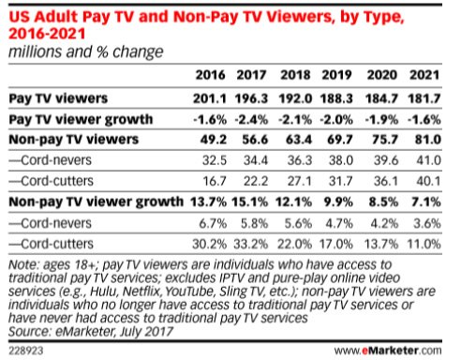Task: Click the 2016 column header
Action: pos(210,75)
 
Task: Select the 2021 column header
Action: pos(424,75)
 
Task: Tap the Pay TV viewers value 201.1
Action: pos(210,98)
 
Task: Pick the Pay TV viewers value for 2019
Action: pos(336,98)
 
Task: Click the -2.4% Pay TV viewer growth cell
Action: pos(251,119)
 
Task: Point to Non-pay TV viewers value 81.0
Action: pos(428,140)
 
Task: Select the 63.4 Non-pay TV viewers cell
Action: pos(299,140)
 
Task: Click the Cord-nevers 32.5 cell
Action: pos(215,160)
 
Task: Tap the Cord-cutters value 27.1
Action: pos(299,181)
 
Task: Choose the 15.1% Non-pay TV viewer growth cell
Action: pos(250,202)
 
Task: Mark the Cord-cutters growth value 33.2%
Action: pos(251,244)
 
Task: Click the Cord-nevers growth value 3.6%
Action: pos(427,223)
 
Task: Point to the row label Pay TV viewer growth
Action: pos(81,119)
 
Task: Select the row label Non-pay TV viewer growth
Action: pos(97,202)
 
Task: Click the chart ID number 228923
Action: pos(26,351)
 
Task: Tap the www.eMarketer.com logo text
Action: pos(388,351)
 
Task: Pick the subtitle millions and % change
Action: pos(86,52)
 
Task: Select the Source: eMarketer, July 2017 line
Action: pos(91,332)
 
